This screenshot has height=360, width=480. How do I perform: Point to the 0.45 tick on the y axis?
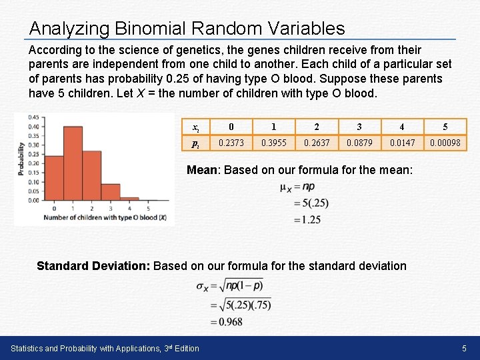click(x=33, y=117)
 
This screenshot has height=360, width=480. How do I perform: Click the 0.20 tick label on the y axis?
click(x=33, y=163)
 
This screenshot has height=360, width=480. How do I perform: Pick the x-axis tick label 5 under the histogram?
click(x=150, y=208)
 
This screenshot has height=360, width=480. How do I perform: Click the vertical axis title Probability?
click(x=22, y=159)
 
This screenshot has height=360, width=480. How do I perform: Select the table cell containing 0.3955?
click(x=273, y=143)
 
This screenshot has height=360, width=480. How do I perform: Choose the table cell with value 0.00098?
click(x=445, y=143)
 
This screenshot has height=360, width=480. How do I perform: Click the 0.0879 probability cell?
click(x=359, y=143)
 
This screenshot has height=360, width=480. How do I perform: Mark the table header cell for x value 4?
click(x=402, y=127)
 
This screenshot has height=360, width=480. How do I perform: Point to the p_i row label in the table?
click(x=195, y=143)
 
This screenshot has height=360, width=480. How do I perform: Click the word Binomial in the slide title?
click(x=151, y=29)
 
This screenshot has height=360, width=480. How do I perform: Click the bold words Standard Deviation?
click(x=93, y=266)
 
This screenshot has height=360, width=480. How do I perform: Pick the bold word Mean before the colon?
click(x=201, y=170)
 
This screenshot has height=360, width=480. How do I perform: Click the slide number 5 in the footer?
click(x=463, y=348)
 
